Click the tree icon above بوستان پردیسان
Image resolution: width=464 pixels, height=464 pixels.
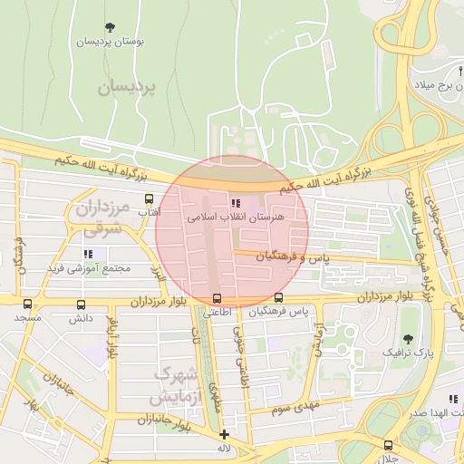pos(110,27)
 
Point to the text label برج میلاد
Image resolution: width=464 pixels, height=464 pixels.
pos(438,84)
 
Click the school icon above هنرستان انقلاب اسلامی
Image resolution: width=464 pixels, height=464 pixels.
pos(236,203)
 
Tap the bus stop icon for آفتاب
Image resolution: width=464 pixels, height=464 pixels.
pos(149,198)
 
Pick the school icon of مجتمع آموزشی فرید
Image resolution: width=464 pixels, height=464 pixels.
pos(88,255)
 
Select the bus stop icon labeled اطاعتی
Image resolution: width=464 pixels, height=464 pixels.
pos(216,298)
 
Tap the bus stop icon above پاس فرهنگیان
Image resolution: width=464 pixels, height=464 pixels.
pos(278,297)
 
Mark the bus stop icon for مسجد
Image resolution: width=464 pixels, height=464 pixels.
pos(27,304)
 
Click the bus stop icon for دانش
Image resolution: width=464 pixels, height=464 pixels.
pos(82,305)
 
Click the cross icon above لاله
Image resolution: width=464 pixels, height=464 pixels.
pos(224,434)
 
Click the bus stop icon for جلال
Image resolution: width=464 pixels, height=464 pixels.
pos(388,445)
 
